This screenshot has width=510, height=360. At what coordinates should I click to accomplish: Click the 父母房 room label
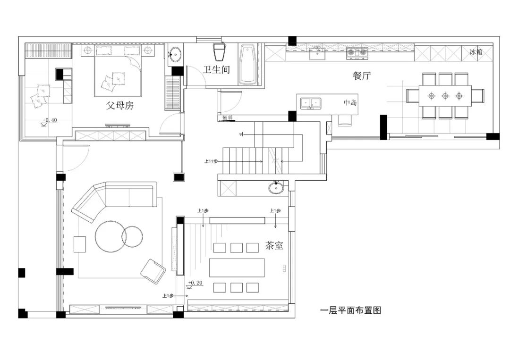tap(119, 106)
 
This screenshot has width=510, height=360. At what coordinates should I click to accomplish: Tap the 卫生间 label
tap(217, 70)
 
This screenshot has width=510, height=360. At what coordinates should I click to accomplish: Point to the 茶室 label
tap(274, 245)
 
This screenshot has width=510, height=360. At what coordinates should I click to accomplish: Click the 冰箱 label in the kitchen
tap(476, 52)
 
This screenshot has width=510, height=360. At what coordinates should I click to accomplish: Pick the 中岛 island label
tap(350, 102)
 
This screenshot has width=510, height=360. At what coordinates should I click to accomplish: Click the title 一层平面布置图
tap(350, 310)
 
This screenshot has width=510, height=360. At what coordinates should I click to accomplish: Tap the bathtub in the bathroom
tap(247, 65)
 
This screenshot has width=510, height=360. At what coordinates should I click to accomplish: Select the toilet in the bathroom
tap(220, 51)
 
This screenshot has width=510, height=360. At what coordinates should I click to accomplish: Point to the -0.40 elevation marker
tap(50, 120)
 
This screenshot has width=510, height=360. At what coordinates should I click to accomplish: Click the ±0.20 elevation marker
tap(195, 283)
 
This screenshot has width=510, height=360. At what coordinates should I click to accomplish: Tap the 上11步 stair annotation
tap(211, 161)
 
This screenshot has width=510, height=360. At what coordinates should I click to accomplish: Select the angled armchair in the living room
tap(153, 271)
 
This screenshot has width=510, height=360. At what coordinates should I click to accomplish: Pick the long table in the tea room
tap(237, 268)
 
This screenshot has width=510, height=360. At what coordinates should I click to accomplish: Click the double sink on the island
tap(310, 102)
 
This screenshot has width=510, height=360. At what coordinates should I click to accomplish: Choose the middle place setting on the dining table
tap(445, 96)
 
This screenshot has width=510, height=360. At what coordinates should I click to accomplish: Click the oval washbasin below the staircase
tap(277, 189)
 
